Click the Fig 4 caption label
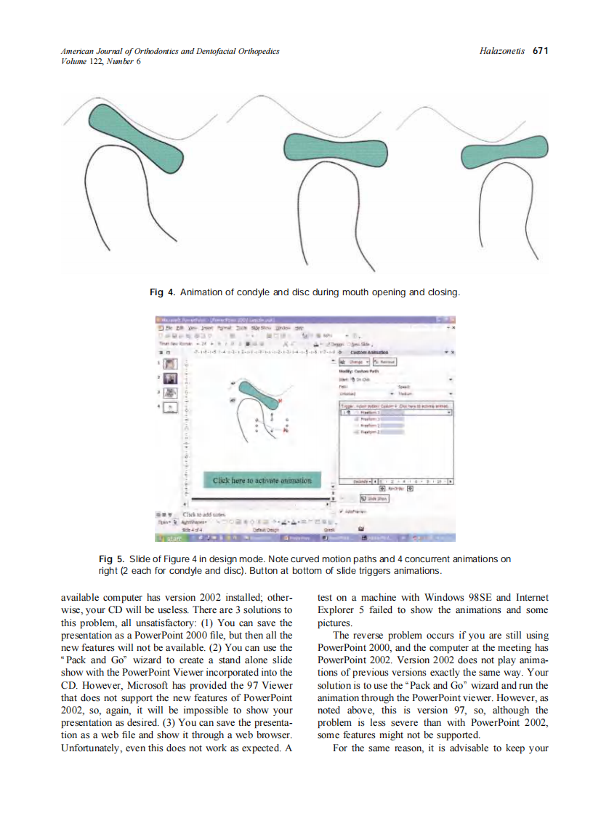[162, 292]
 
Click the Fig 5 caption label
[111, 559]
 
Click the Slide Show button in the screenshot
[374, 499]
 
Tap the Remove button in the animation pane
[384, 361]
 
